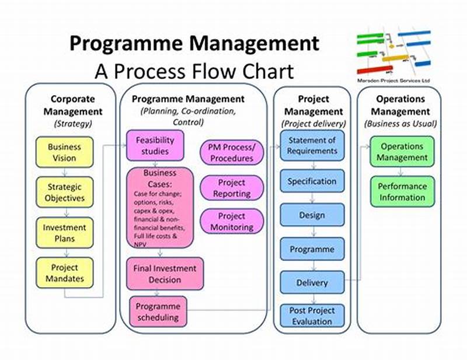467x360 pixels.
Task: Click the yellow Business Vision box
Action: (65, 153)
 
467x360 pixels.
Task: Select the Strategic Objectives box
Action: (65, 193)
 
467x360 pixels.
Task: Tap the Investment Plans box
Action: (65, 233)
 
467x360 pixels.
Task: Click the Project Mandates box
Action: (65, 272)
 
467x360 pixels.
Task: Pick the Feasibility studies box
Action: (155, 146)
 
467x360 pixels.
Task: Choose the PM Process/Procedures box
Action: (232, 152)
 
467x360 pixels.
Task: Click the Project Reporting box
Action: (232, 188)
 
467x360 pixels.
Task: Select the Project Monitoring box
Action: (232, 222)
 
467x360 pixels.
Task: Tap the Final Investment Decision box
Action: (165, 274)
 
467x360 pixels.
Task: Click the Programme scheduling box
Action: (158, 312)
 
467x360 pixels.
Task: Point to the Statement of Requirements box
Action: (312, 146)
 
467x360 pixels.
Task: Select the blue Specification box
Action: (312, 181)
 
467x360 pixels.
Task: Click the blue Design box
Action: (312, 215)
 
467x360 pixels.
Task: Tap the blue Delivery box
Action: (312, 283)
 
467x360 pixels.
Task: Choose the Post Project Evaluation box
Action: (312, 316)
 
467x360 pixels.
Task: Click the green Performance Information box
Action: (402, 192)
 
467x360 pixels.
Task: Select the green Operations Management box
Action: (402, 152)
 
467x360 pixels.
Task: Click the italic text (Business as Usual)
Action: (400, 124)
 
